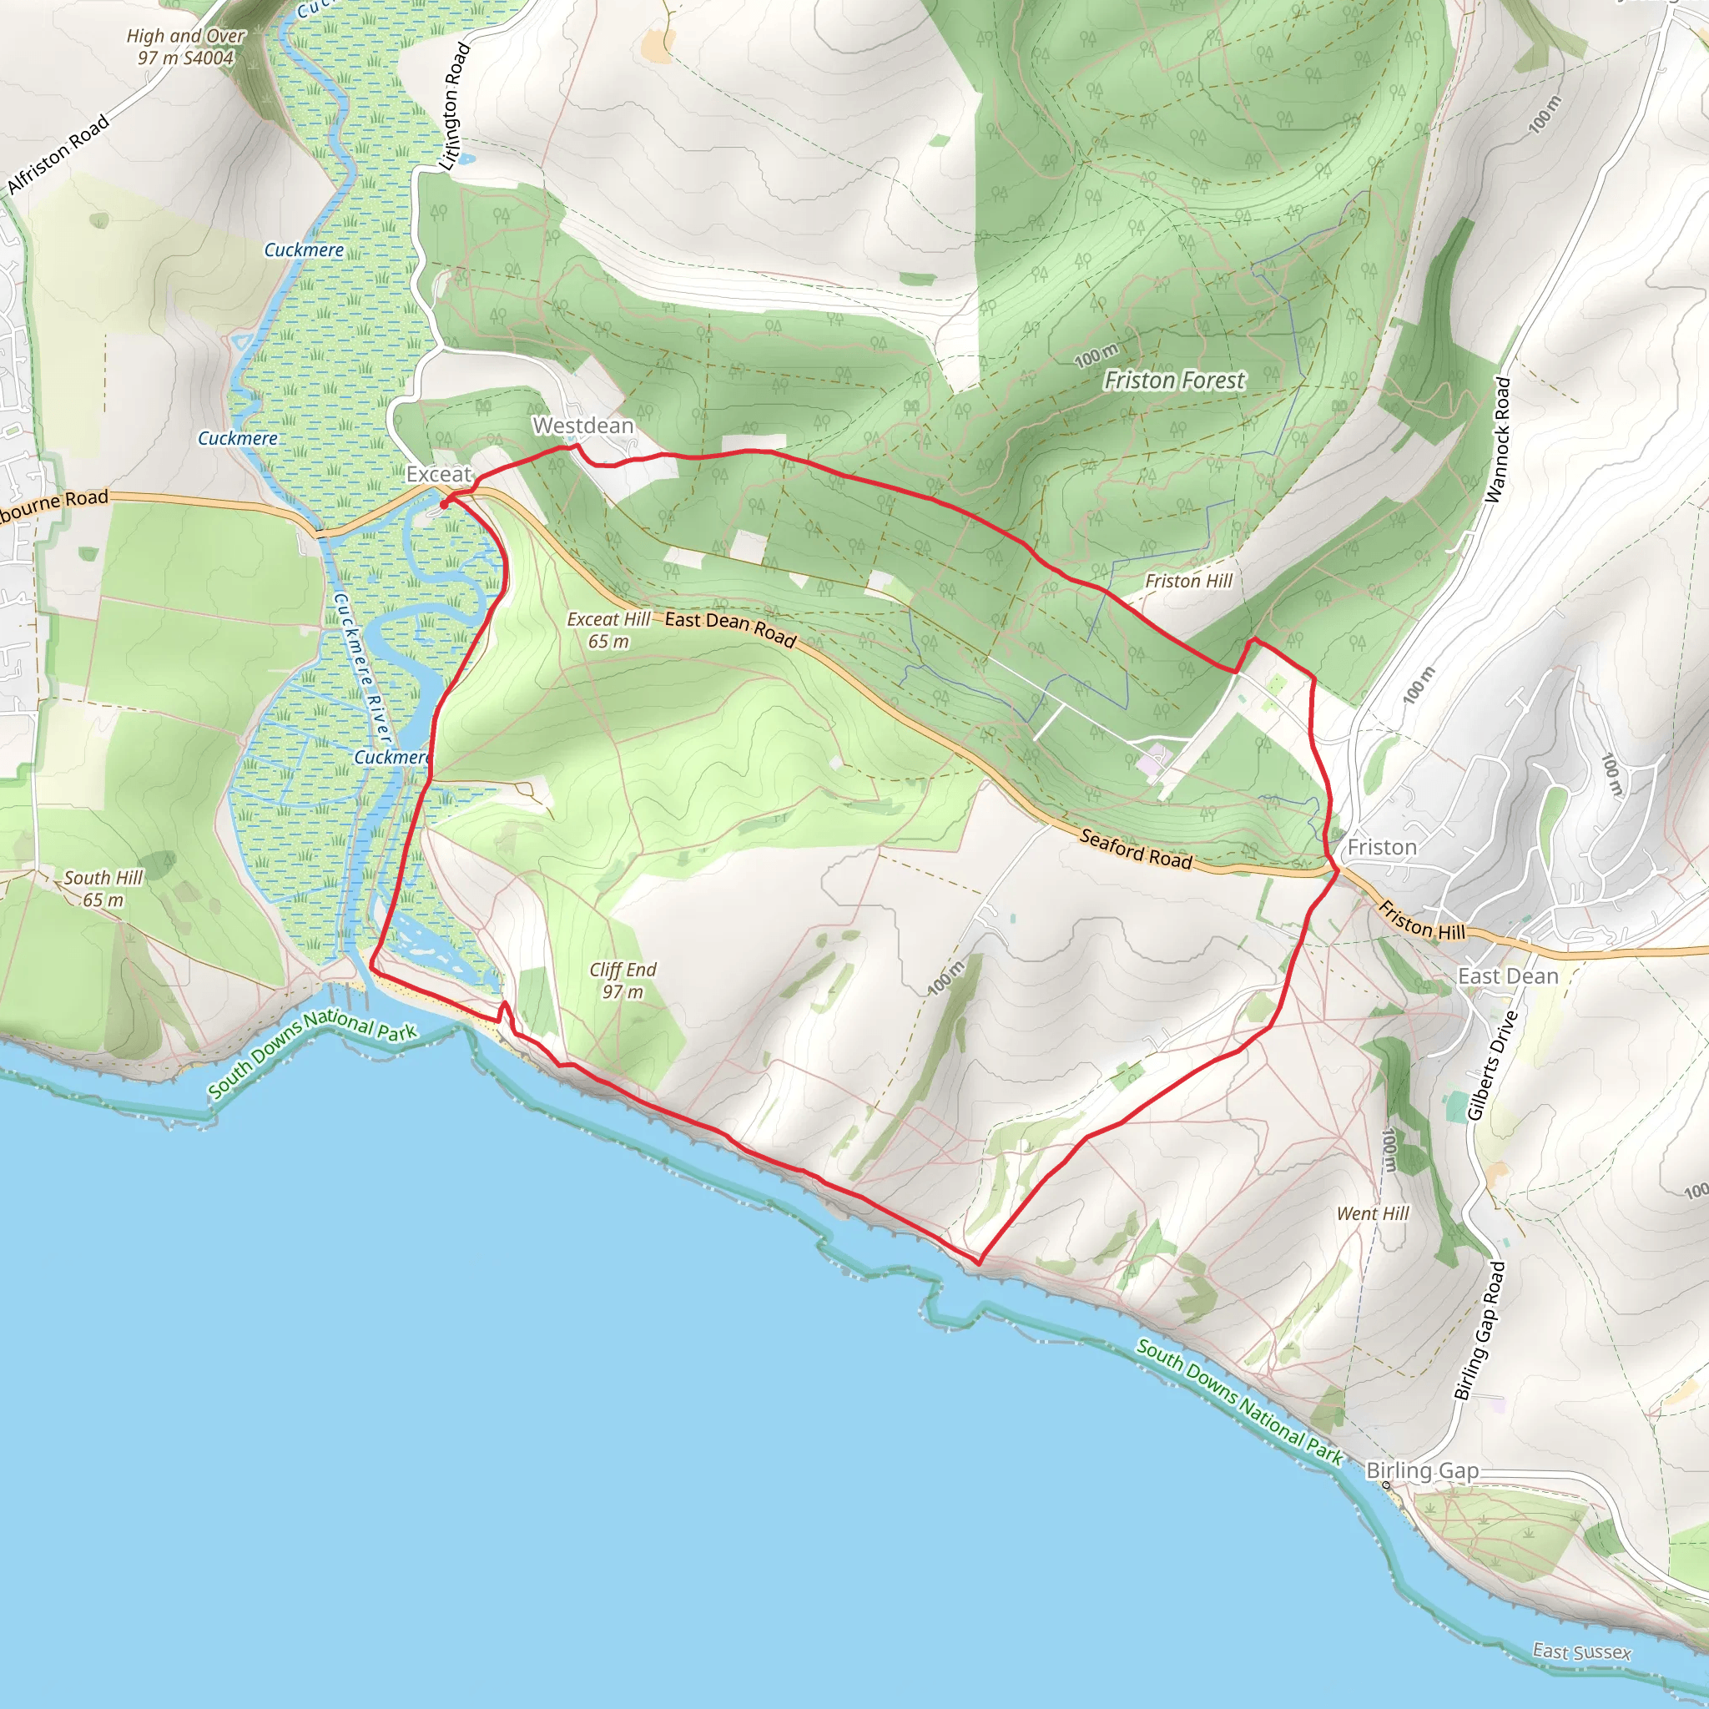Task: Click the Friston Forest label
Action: click(x=1174, y=381)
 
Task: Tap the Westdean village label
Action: click(x=583, y=426)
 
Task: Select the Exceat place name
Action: click(x=439, y=474)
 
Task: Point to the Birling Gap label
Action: click(x=1423, y=1470)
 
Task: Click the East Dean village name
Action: click(x=1508, y=975)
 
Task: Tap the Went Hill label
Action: click(x=1373, y=1213)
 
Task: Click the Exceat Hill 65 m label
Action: click(x=608, y=630)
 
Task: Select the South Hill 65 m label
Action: click(x=103, y=888)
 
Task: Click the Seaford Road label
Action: click(x=1136, y=849)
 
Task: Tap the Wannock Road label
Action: click(x=1498, y=440)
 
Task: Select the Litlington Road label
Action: click(x=455, y=106)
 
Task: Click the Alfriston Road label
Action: click(x=58, y=154)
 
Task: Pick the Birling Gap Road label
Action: click(x=1480, y=1331)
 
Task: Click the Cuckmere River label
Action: click(x=362, y=668)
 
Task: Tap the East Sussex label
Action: click(x=1581, y=1651)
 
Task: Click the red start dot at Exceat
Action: click(x=444, y=504)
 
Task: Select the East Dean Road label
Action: click(x=730, y=628)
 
